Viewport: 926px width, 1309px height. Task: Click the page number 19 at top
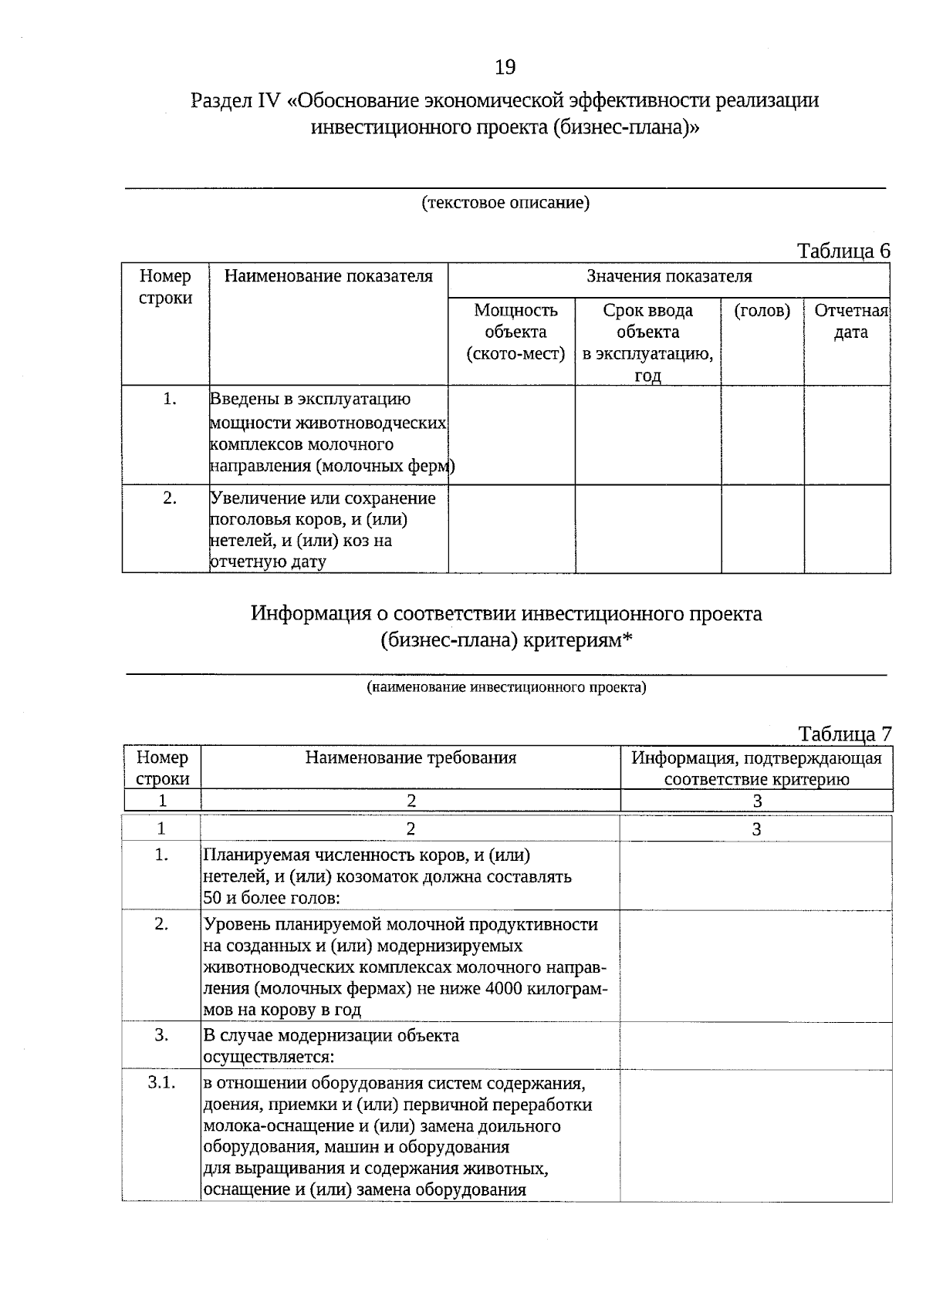tap(505, 68)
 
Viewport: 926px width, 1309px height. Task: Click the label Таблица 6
tap(843, 251)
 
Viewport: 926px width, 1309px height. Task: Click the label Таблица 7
tap(845, 734)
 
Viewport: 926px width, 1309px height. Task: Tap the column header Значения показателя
tap(669, 276)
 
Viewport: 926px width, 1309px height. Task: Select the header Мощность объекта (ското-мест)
tap(515, 332)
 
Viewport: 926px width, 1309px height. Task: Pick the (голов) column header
tap(762, 310)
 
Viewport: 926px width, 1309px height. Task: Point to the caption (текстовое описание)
tap(505, 203)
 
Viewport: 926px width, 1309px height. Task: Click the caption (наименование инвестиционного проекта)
tap(506, 687)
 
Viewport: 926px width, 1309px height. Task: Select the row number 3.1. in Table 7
tap(161, 1082)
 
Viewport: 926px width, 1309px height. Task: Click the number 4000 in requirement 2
tap(506, 988)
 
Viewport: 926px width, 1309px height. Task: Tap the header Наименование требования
tap(411, 757)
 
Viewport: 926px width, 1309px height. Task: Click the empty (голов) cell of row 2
tap(762, 528)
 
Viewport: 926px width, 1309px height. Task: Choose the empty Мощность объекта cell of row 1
tap(511, 434)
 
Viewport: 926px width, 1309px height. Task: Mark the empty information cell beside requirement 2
tap(755, 966)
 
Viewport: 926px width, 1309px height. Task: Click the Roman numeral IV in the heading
tap(268, 101)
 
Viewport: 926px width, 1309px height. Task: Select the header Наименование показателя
tap(328, 276)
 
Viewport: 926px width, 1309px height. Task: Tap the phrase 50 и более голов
tap(272, 898)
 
